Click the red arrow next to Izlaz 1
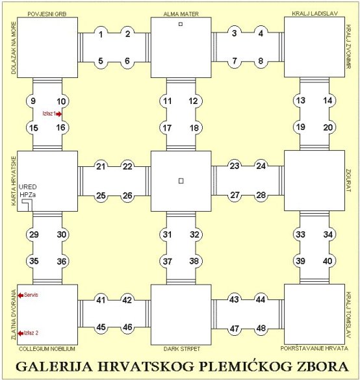tap(58, 114)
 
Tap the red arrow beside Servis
tap(21, 295)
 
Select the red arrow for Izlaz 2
tap(21, 333)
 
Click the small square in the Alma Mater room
tap(181, 24)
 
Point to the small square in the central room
tap(181, 181)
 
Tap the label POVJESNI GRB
tap(47, 14)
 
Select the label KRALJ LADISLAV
tap(315, 14)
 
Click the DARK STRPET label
tap(182, 349)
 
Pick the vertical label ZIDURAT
tap(348, 181)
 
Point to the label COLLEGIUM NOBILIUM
tap(47, 349)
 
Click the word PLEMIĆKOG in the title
tap(246, 366)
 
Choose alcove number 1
tap(101, 34)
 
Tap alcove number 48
tap(261, 329)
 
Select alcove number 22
tap(127, 166)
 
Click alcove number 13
tap(301, 100)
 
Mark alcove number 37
tap(167, 262)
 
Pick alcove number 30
tap(62, 234)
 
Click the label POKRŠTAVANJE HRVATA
tap(314, 348)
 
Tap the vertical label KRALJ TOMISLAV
tap(348, 315)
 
